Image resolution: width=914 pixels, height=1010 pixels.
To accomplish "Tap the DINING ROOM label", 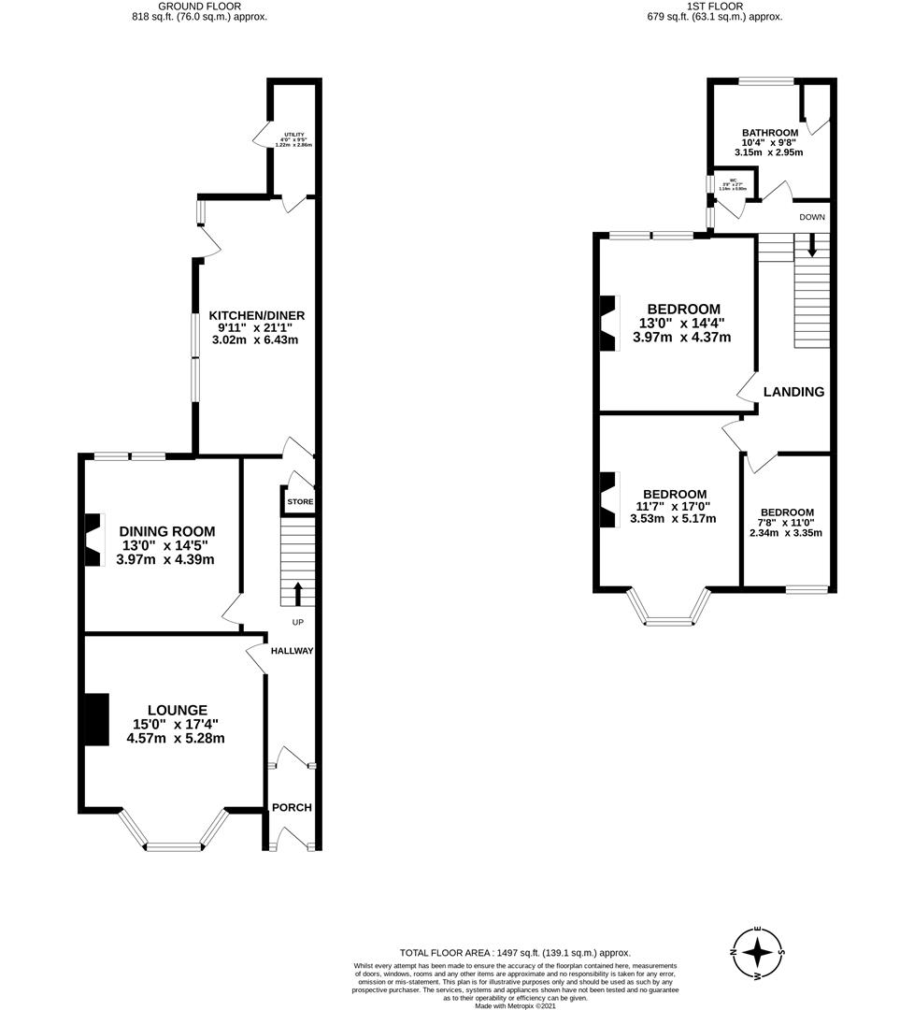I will coord(166,531).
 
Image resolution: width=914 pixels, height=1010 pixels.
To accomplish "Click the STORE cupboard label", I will coord(300,502).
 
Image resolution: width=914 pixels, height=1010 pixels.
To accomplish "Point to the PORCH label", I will coord(292,807).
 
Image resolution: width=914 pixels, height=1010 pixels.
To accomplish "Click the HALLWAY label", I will coord(292,651).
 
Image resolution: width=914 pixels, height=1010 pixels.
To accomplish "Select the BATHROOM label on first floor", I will coord(770,133).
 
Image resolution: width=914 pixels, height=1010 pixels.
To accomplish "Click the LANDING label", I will coord(793,392).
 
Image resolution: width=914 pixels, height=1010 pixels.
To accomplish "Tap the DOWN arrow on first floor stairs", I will coord(811,245).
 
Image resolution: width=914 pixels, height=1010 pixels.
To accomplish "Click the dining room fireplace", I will coord(94,541).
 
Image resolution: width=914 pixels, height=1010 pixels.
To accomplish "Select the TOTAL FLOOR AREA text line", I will coord(515,951).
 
